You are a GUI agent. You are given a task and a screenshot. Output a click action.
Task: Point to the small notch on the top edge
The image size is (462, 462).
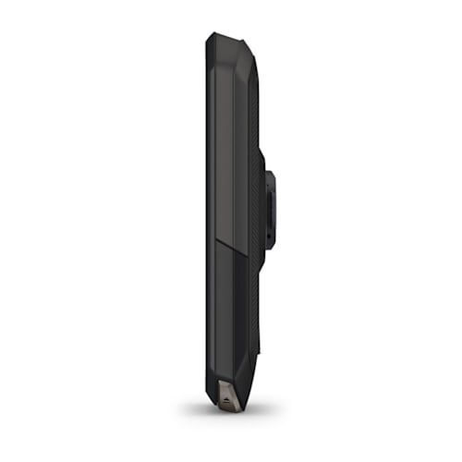pyautogui.click(x=242, y=39)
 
